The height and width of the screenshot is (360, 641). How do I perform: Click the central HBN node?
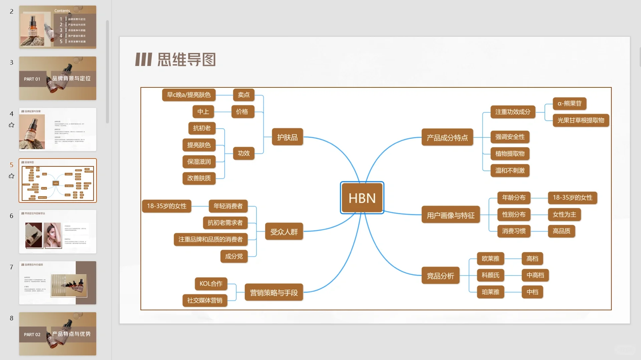362,198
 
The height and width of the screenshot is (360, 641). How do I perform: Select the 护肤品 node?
287,137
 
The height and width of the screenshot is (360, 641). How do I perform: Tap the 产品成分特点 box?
447,137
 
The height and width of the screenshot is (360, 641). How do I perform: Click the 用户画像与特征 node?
450,215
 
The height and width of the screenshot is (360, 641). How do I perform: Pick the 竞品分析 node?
440,276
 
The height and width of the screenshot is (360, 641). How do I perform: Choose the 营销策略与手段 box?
273,293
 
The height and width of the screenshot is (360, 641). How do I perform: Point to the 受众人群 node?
284,232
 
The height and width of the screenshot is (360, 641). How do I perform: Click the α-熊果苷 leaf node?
569,103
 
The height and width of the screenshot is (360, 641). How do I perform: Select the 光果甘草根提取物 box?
581,120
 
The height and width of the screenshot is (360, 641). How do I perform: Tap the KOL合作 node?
211,284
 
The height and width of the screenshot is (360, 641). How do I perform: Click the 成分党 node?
234,256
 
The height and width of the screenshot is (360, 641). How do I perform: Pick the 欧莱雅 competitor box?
490,259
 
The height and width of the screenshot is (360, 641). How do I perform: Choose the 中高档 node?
535,275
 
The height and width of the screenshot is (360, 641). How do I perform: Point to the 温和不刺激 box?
509,170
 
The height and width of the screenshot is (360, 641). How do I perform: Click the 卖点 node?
243,95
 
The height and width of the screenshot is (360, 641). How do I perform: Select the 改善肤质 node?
199,178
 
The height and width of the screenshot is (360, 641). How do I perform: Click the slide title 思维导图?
186,60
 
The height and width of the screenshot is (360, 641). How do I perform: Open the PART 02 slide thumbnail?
57,334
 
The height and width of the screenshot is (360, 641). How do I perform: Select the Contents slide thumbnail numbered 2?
57,27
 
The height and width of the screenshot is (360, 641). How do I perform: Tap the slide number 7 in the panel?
11,267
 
